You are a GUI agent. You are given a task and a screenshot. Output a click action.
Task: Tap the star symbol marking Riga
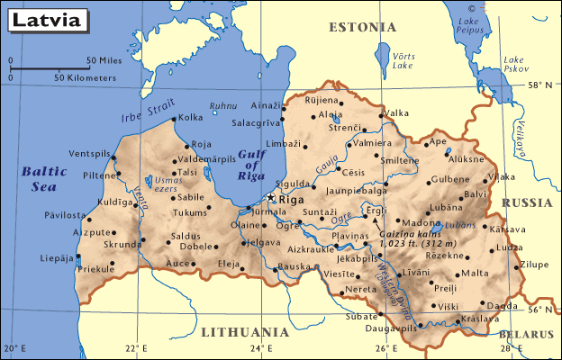272,198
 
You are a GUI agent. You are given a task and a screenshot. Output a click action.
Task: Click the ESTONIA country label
362,27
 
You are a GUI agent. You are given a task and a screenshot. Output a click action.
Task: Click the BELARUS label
526,334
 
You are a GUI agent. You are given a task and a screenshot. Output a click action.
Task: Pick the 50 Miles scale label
104,61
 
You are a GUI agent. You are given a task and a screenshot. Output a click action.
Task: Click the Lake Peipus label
468,25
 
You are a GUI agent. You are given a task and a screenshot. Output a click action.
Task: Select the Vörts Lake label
403,60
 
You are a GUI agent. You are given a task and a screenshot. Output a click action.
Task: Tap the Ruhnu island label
222,105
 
